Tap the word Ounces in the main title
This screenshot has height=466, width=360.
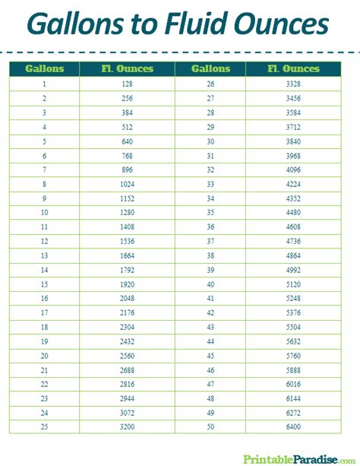[x=276, y=25]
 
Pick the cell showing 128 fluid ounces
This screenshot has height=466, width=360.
[x=127, y=83]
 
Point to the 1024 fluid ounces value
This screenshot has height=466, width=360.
[x=127, y=184]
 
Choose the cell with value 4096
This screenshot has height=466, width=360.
[x=293, y=170]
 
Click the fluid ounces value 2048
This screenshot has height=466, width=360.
[x=127, y=299]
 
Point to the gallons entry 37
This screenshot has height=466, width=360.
[x=210, y=241]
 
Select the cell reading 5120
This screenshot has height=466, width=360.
[x=293, y=284]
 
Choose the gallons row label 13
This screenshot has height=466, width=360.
[x=45, y=255]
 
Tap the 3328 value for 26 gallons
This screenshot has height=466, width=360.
[x=293, y=83]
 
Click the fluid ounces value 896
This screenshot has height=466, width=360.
[x=127, y=170]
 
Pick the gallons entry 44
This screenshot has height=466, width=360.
[x=210, y=342]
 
